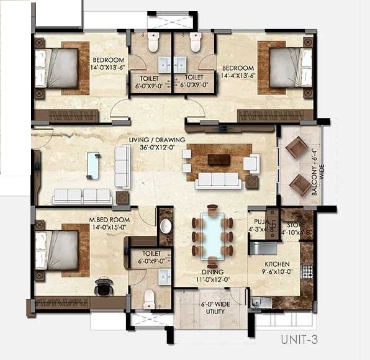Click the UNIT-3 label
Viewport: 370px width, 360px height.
tap(299, 340)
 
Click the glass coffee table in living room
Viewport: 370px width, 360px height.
tap(93, 164)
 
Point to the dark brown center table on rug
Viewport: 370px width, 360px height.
tap(219, 160)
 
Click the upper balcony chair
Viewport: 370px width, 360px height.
tap(297, 148)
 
